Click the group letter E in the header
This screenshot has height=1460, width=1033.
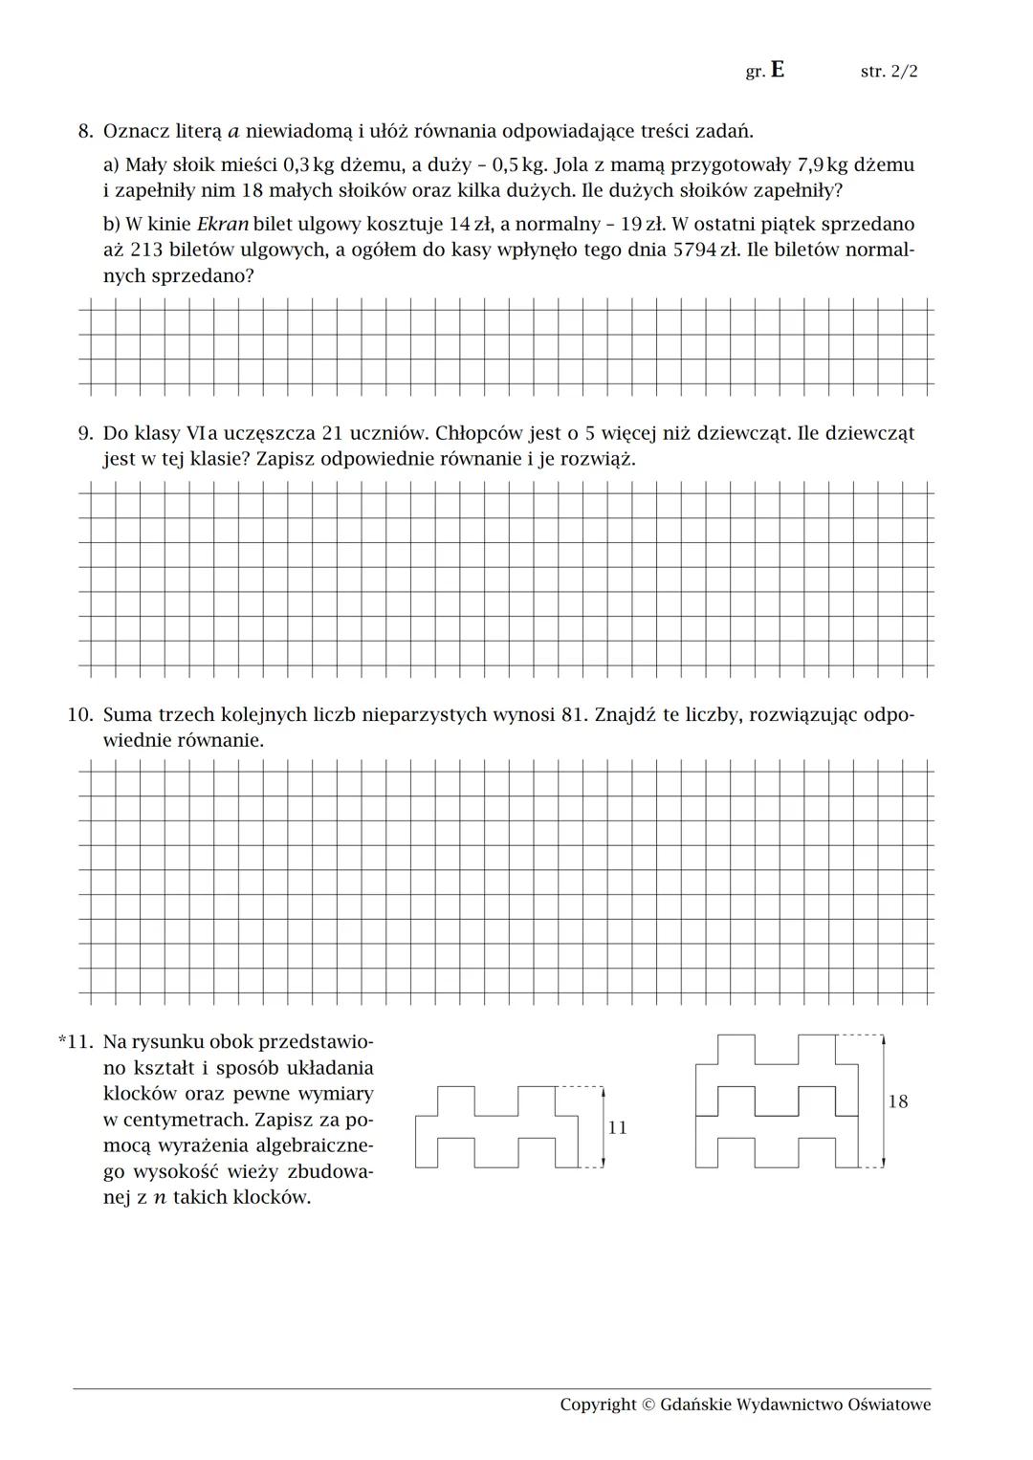(x=777, y=70)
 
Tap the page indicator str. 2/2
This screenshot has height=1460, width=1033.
(x=889, y=72)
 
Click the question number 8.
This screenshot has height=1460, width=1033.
(x=84, y=131)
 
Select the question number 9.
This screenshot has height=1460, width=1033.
(x=84, y=433)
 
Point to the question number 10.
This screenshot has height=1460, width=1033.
(x=79, y=714)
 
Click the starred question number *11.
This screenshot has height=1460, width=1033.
(x=76, y=1040)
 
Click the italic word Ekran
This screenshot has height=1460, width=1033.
(x=223, y=225)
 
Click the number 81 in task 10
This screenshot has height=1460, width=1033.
(x=572, y=714)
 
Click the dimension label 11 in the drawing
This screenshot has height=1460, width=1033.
(x=618, y=1128)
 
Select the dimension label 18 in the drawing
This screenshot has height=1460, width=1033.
(x=897, y=1101)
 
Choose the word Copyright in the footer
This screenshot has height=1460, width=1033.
(x=597, y=1404)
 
